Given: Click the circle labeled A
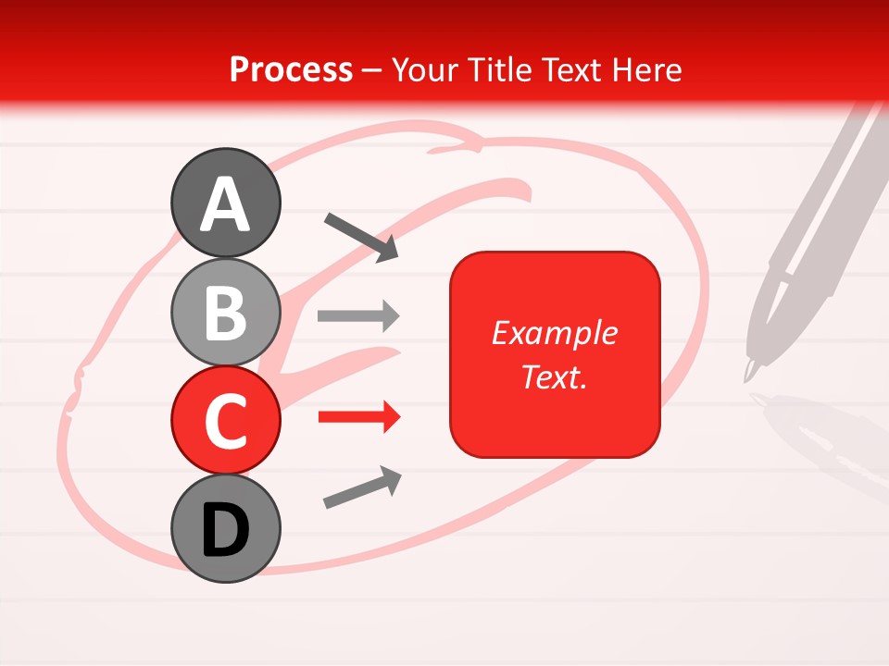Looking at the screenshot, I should point(226,203).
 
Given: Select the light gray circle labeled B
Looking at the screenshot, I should point(226,313).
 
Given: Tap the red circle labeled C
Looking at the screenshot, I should point(226,421).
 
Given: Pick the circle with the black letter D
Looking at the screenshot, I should point(226,529).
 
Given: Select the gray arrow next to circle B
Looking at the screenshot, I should point(358,316).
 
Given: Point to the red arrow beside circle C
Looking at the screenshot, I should point(358,418).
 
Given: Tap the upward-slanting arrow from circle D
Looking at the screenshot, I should point(362,488).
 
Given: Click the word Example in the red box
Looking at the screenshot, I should point(554,333).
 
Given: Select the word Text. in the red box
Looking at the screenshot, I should point(554,376).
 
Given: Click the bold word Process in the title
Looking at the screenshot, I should point(291,69).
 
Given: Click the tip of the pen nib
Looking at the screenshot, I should point(747,378).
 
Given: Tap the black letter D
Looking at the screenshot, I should point(226,529).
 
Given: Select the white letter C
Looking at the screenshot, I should point(226,421).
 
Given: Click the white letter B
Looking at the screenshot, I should point(226,313).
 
